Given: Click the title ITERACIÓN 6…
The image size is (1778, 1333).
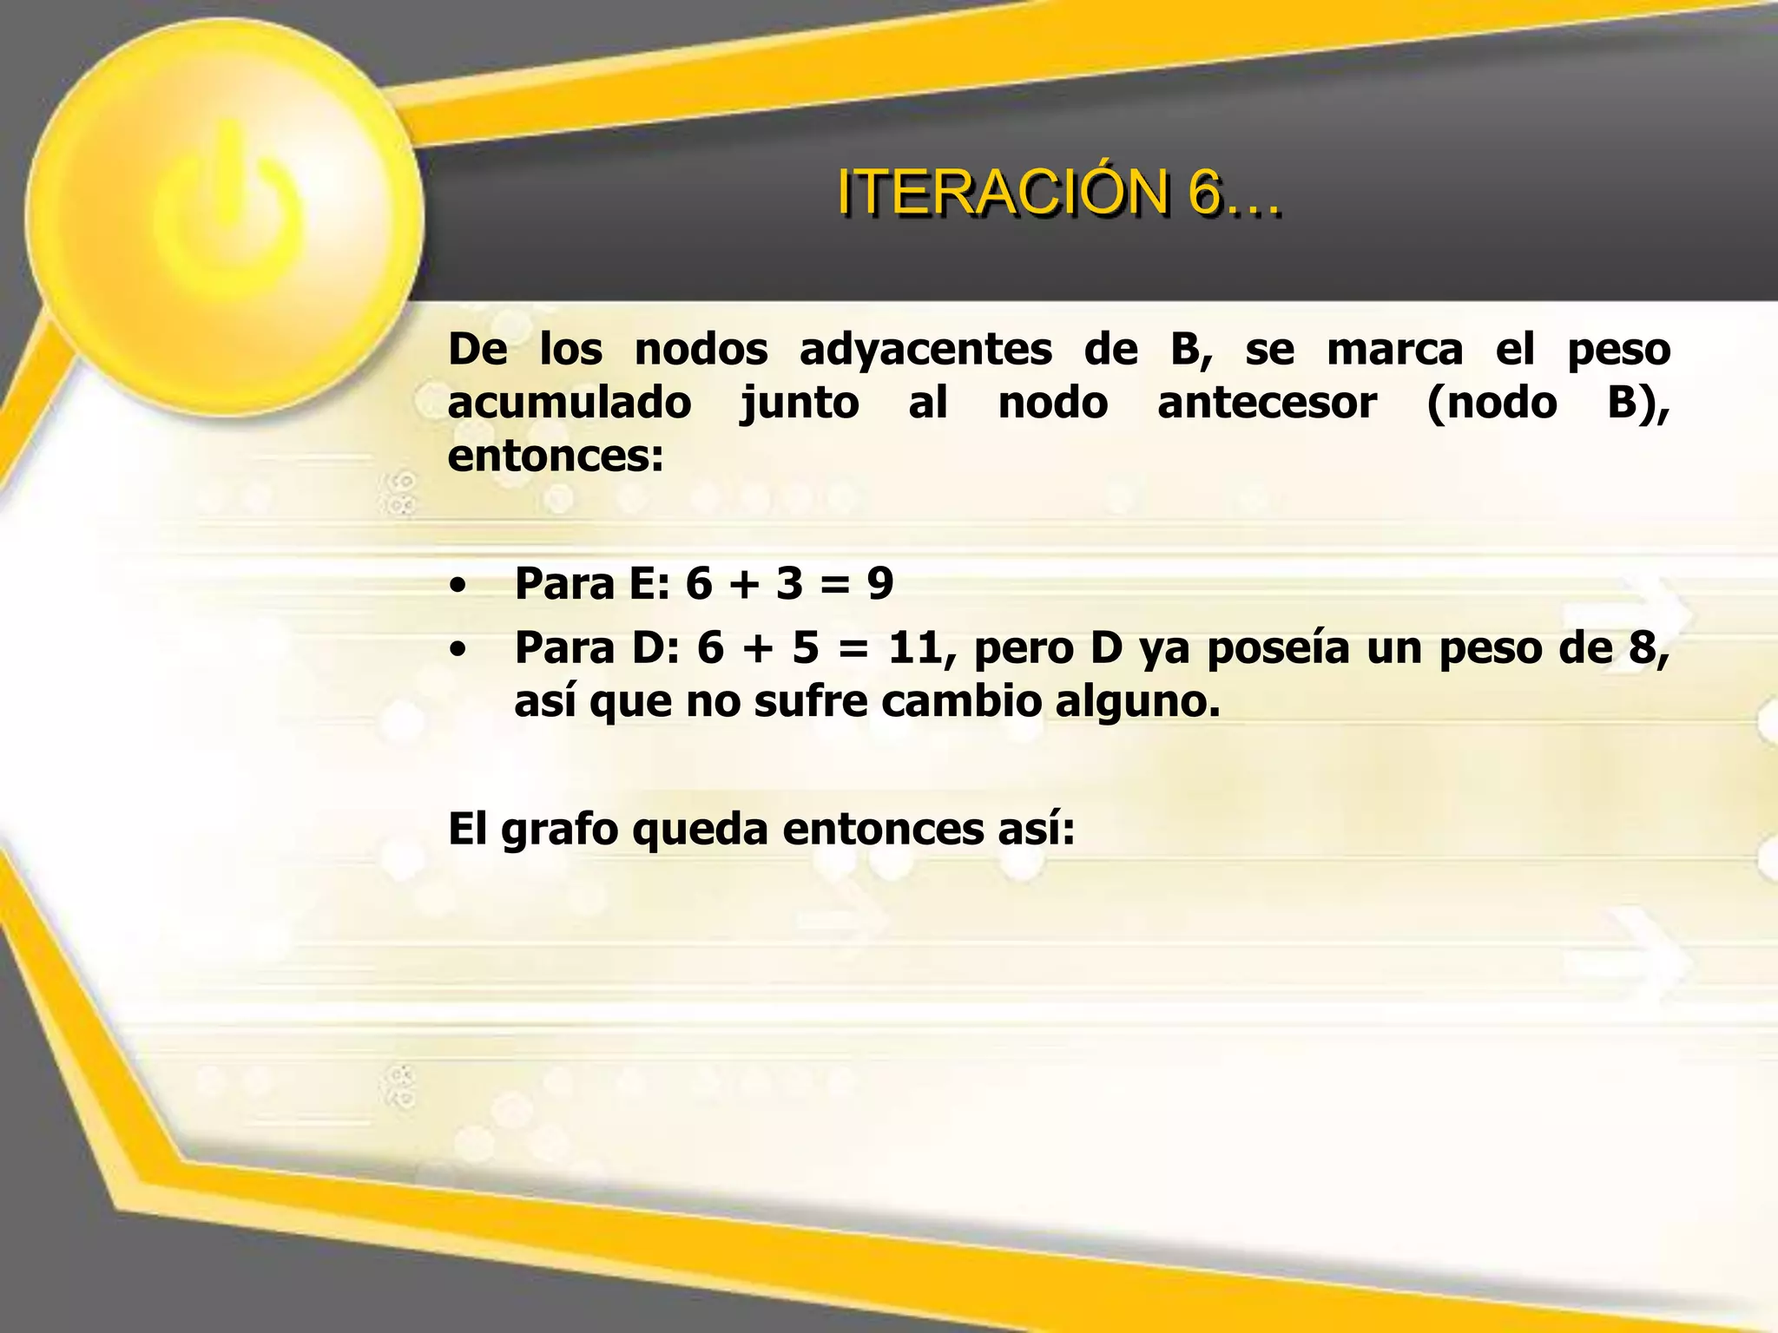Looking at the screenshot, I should pos(1058,192).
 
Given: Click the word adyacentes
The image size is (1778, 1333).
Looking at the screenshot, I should pos(925,350).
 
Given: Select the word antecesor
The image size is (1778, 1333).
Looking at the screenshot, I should pos(1267,404).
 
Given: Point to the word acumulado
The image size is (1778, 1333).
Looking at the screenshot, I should pos(570,404).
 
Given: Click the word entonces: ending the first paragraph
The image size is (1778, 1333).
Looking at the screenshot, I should pos(556,456).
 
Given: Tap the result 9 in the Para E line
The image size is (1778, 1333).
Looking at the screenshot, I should pos(879,583).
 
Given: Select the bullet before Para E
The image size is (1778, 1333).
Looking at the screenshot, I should pos(458,585).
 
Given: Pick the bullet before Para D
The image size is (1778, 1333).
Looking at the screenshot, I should pos(458,649).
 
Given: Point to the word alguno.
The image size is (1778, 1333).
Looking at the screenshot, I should pos(1138,701).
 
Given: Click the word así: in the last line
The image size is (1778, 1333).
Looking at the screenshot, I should pos(1036,829).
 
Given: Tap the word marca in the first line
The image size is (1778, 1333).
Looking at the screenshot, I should pos(1395,350).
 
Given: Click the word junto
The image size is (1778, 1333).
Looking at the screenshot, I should pos(800,404).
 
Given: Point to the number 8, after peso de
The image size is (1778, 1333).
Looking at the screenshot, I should pos(1648,648).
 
